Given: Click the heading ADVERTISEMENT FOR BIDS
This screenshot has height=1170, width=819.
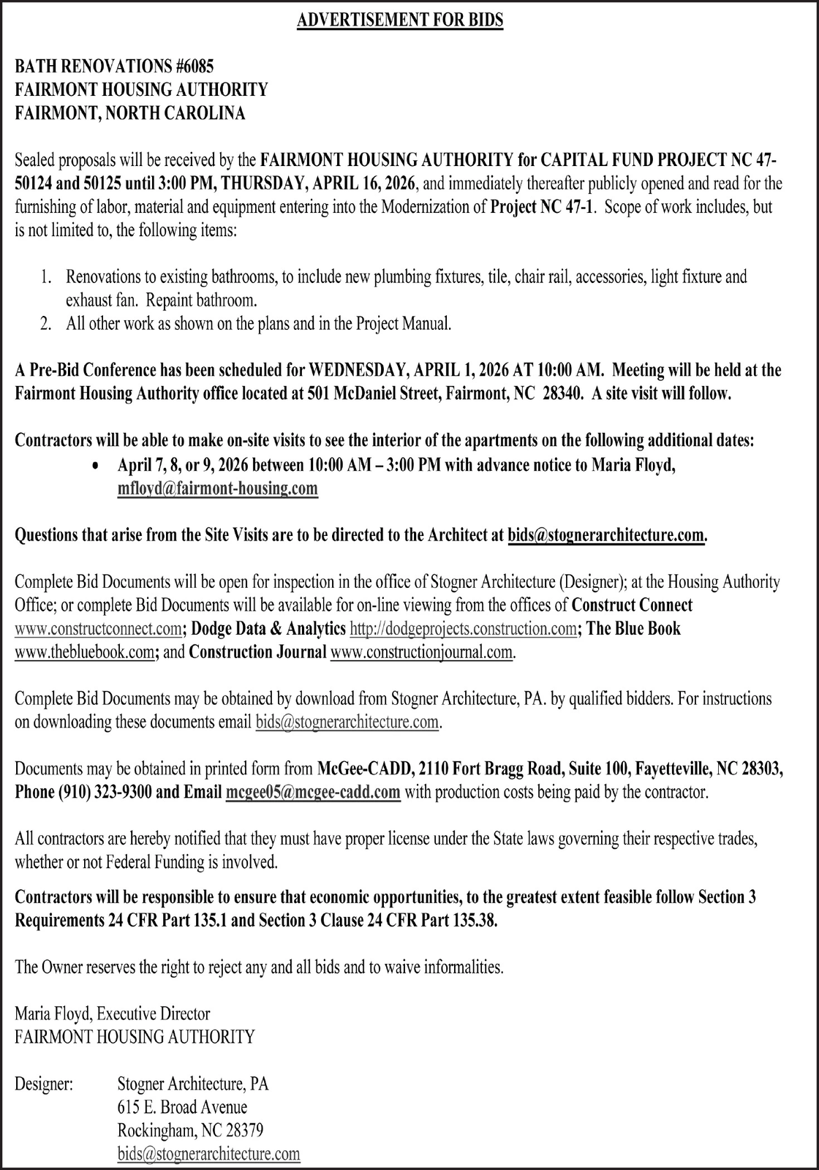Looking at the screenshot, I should click(400, 20).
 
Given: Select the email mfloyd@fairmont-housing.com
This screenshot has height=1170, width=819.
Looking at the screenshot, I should click(217, 488).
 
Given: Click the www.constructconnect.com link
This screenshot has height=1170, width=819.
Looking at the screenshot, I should click(98, 628).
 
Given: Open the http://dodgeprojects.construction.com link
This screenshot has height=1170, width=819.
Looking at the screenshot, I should click(463, 628).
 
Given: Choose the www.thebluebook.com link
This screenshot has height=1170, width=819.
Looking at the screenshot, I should click(84, 652).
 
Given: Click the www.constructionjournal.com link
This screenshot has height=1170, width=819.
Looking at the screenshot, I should click(422, 652).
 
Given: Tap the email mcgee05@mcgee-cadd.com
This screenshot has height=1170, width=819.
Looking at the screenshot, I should click(313, 792).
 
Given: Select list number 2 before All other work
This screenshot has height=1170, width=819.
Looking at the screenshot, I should click(45, 324).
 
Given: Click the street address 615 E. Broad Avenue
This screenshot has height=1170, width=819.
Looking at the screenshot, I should click(182, 1107).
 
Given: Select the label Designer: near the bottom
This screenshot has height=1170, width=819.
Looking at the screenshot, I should click(44, 1084).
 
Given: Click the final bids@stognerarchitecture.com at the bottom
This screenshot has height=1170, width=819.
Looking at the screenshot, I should click(208, 1154).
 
